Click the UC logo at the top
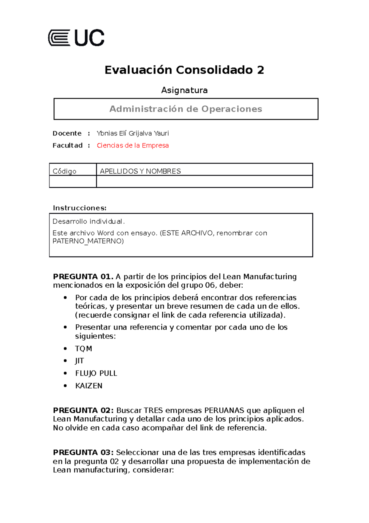point(76,38)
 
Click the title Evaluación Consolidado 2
point(184,70)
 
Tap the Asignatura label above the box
point(184,90)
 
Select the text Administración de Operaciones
point(186,109)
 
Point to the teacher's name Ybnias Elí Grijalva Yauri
point(133,133)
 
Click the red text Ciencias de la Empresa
point(133,145)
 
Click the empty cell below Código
point(73,181)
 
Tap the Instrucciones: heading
point(80,208)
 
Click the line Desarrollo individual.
point(89,221)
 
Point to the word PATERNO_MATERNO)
point(88,241)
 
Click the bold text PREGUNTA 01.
point(83,277)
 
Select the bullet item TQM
point(84,349)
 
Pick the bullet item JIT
point(79,361)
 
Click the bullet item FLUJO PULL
point(96,373)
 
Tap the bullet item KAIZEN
point(89,386)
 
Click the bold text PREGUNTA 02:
point(83,411)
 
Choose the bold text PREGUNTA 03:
point(83,452)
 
